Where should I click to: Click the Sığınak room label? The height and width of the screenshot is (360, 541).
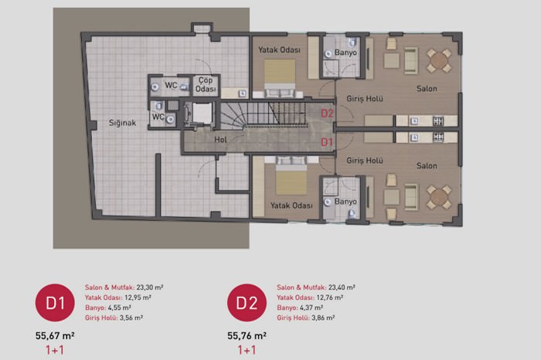pos(122,123)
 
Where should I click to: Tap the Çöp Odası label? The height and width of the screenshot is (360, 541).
pos(206,84)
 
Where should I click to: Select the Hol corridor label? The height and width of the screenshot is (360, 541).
pos(220,140)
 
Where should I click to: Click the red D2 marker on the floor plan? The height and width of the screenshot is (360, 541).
pos(327,113)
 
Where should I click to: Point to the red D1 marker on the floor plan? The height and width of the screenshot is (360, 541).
pos(327,141)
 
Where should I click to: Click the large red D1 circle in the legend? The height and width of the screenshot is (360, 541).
pos(55,303)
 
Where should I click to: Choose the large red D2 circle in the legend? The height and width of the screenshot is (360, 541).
pos(247,303)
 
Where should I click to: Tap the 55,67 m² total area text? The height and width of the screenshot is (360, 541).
pos(55,335)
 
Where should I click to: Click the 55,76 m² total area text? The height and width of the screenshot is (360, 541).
pos(247,335)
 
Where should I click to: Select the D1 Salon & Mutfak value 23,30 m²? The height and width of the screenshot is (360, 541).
pos(150,287)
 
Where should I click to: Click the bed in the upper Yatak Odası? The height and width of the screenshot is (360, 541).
pos(280,77)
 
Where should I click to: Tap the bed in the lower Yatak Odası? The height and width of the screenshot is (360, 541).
pos(291,176)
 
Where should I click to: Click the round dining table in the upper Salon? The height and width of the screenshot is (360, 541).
pos(438,61)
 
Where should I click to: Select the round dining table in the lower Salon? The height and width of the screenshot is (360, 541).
pos(438,197)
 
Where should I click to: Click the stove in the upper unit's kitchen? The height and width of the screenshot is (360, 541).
pos(438,121)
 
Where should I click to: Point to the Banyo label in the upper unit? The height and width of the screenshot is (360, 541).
pos(345,53)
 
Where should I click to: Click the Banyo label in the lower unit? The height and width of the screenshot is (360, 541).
pos(345,202)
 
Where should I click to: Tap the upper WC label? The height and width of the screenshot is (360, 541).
pos(171,85)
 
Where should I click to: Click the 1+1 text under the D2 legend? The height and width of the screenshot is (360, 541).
pos(247,351)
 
